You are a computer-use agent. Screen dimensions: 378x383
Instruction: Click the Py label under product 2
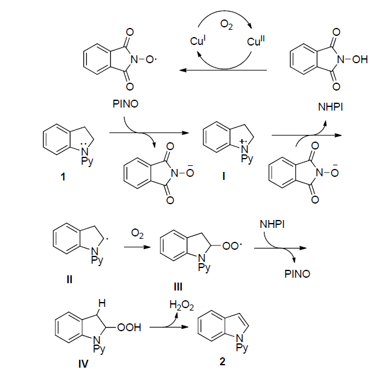coord(242,348)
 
